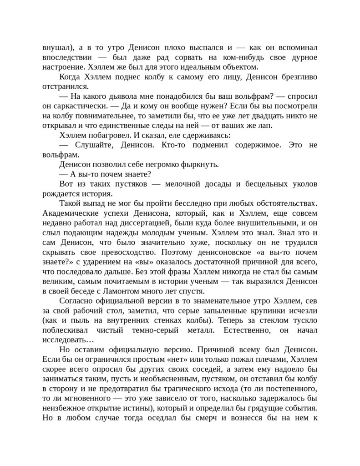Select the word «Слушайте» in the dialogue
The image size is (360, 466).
click(x=89, y=145)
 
